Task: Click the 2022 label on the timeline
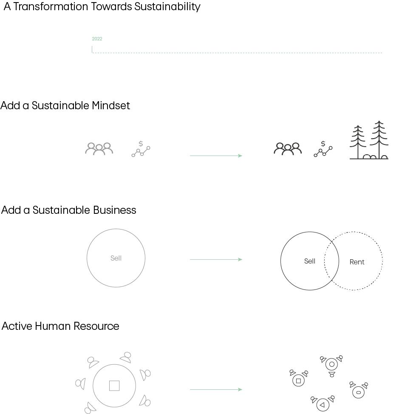pos(97,39)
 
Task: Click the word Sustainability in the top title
pos(167,7)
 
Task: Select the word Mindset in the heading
pos(110,105)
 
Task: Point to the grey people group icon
pos(99,149)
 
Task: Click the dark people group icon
pos(288,149)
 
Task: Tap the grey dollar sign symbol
pos(141,144)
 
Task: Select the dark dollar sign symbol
pos(323,144)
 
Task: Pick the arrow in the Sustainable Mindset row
pos(216,156)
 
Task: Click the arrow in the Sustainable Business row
pos(216,259)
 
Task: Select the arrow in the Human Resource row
pos(216,389)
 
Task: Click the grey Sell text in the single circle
pos(116,258)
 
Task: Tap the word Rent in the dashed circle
pos(357,262)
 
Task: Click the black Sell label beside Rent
pos(310,261)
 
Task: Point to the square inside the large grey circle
pos(114,386)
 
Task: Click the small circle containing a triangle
pos(322,405)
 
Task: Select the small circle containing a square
pos(298,381)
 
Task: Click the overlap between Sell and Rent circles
pos(332,261)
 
